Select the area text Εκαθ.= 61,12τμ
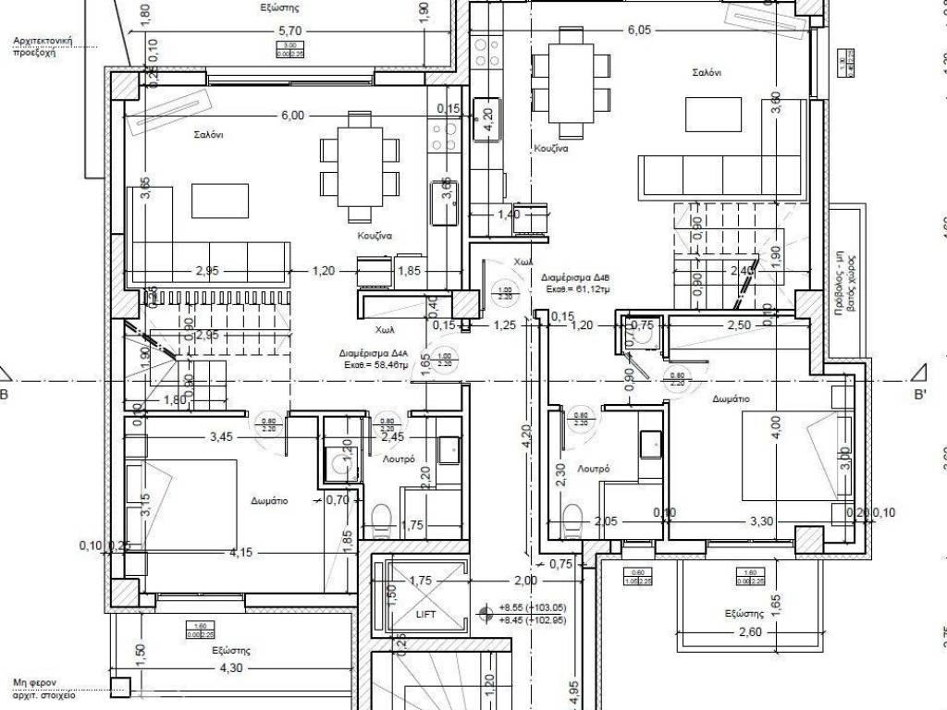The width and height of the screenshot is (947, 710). point(579,289)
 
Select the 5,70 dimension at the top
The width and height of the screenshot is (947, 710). point(290,31)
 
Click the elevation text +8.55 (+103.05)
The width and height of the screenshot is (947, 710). point(532,607)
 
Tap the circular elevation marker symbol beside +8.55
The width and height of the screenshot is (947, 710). point(485,612)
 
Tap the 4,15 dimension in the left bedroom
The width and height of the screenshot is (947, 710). point(240,554)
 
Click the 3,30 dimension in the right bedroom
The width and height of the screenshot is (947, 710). point(761,521)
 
